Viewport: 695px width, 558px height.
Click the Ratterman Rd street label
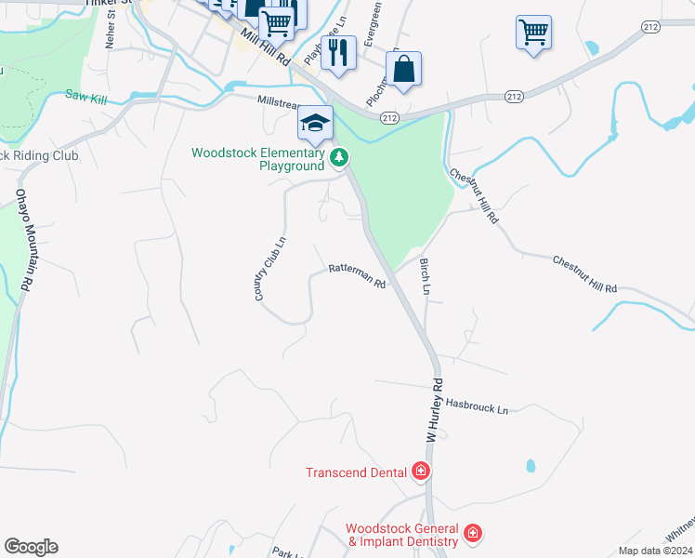click(357, 276)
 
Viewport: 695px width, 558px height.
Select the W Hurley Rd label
click(433, 408)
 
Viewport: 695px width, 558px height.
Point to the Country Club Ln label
click(270, 268)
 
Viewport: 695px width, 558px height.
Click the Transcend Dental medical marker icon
click(421, 472)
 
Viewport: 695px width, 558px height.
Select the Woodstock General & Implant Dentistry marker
click(473, 533)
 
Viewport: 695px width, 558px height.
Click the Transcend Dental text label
click(356, 472)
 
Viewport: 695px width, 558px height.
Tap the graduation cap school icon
click(315, 123)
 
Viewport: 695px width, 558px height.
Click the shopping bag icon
click(404, 70)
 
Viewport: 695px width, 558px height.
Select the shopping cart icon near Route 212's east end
click(533, 33)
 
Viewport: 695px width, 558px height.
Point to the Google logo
click(31, 547)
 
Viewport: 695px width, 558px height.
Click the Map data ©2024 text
click(655, 551)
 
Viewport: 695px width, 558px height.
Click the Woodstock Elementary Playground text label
click(258, 159)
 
